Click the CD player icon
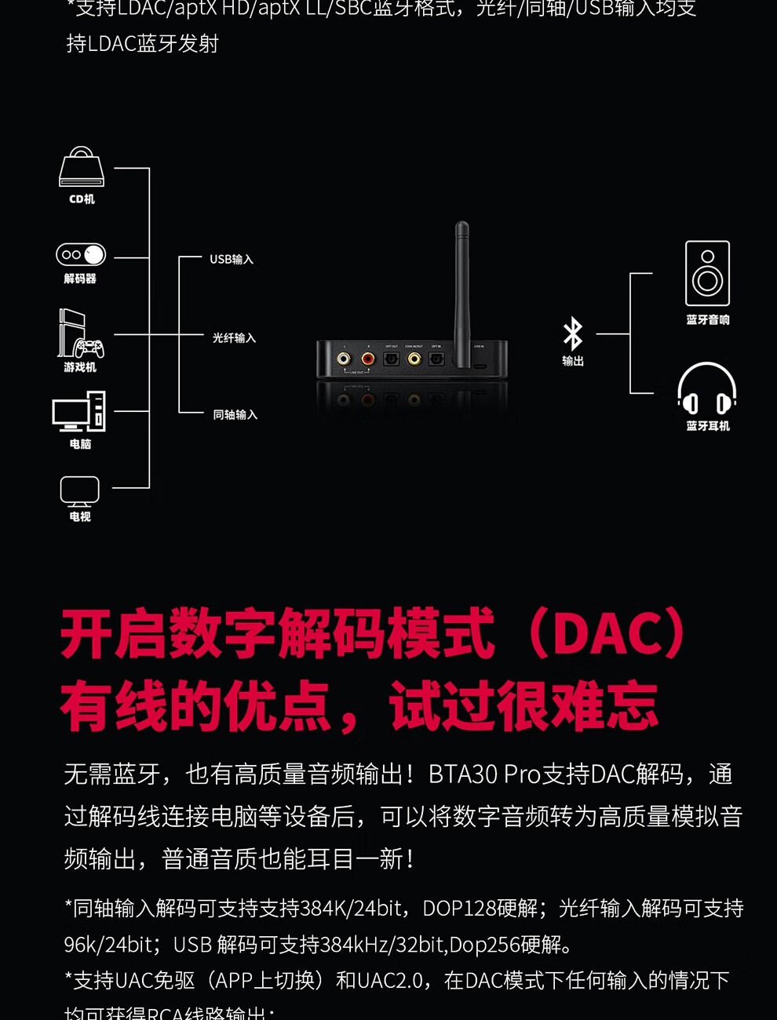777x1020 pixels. click(82, 167)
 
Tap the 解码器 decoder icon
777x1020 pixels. click(81, 254)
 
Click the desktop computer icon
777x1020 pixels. click(79, 411)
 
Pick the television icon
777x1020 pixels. click(80, 491)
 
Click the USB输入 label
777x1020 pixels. click(232, 259)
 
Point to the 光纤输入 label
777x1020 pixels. click(234, 337)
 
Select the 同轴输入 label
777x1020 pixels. click(235, 414)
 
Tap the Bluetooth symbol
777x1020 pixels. click(573, 334)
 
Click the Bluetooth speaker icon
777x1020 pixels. click(707, 273)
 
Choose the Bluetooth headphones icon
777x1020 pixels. click(706, 388)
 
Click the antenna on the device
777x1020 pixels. click(462, 290)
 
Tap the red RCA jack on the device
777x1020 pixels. click(368, 359)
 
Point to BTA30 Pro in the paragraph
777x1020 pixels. click(484, 774)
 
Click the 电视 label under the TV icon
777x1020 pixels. click(80, 516)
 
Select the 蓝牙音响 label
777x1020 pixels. click(708, 319)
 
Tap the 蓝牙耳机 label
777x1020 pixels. click(708, 425)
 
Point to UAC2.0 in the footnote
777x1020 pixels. click(392, 980)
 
